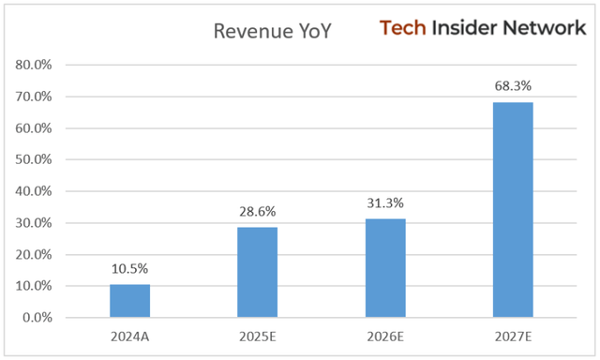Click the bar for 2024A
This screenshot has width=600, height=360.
coord(129,301)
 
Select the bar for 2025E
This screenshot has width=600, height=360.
coord(258,273)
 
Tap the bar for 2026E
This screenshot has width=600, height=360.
coord(385,268)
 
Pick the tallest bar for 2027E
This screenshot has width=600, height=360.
coord(514,210)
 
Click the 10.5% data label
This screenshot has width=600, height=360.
coord(129,269)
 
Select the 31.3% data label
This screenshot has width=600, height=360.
coord(385,203)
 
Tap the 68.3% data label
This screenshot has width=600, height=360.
coord(514,86)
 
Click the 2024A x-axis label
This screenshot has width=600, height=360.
coord(129,335)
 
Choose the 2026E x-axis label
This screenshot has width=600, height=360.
coord(385,335)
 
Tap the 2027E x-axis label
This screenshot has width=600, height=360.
coord(514,335)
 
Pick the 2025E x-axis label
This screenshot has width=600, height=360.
coord(258,335)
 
